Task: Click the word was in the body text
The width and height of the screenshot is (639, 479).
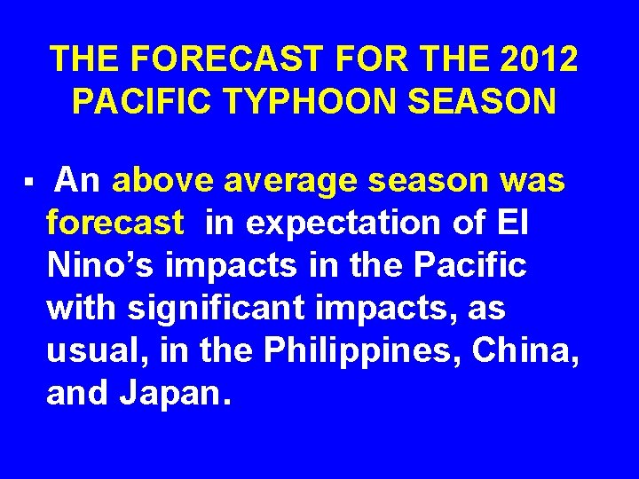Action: click(532, 181)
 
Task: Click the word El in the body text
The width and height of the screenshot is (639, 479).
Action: click(513, 223)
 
